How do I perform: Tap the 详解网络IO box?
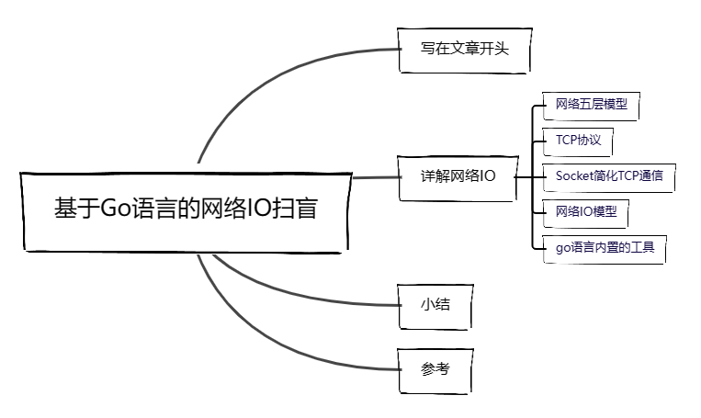[x=457, y=177]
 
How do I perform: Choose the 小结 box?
[x=435, y=304]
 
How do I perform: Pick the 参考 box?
[x=435, y=369]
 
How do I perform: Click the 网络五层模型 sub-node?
[x=592, y=104]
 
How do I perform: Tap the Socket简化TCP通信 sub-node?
[x=608, y=175]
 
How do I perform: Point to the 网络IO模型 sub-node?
[x=585, y=211]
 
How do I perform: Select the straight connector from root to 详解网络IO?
[x=373, y=176]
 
